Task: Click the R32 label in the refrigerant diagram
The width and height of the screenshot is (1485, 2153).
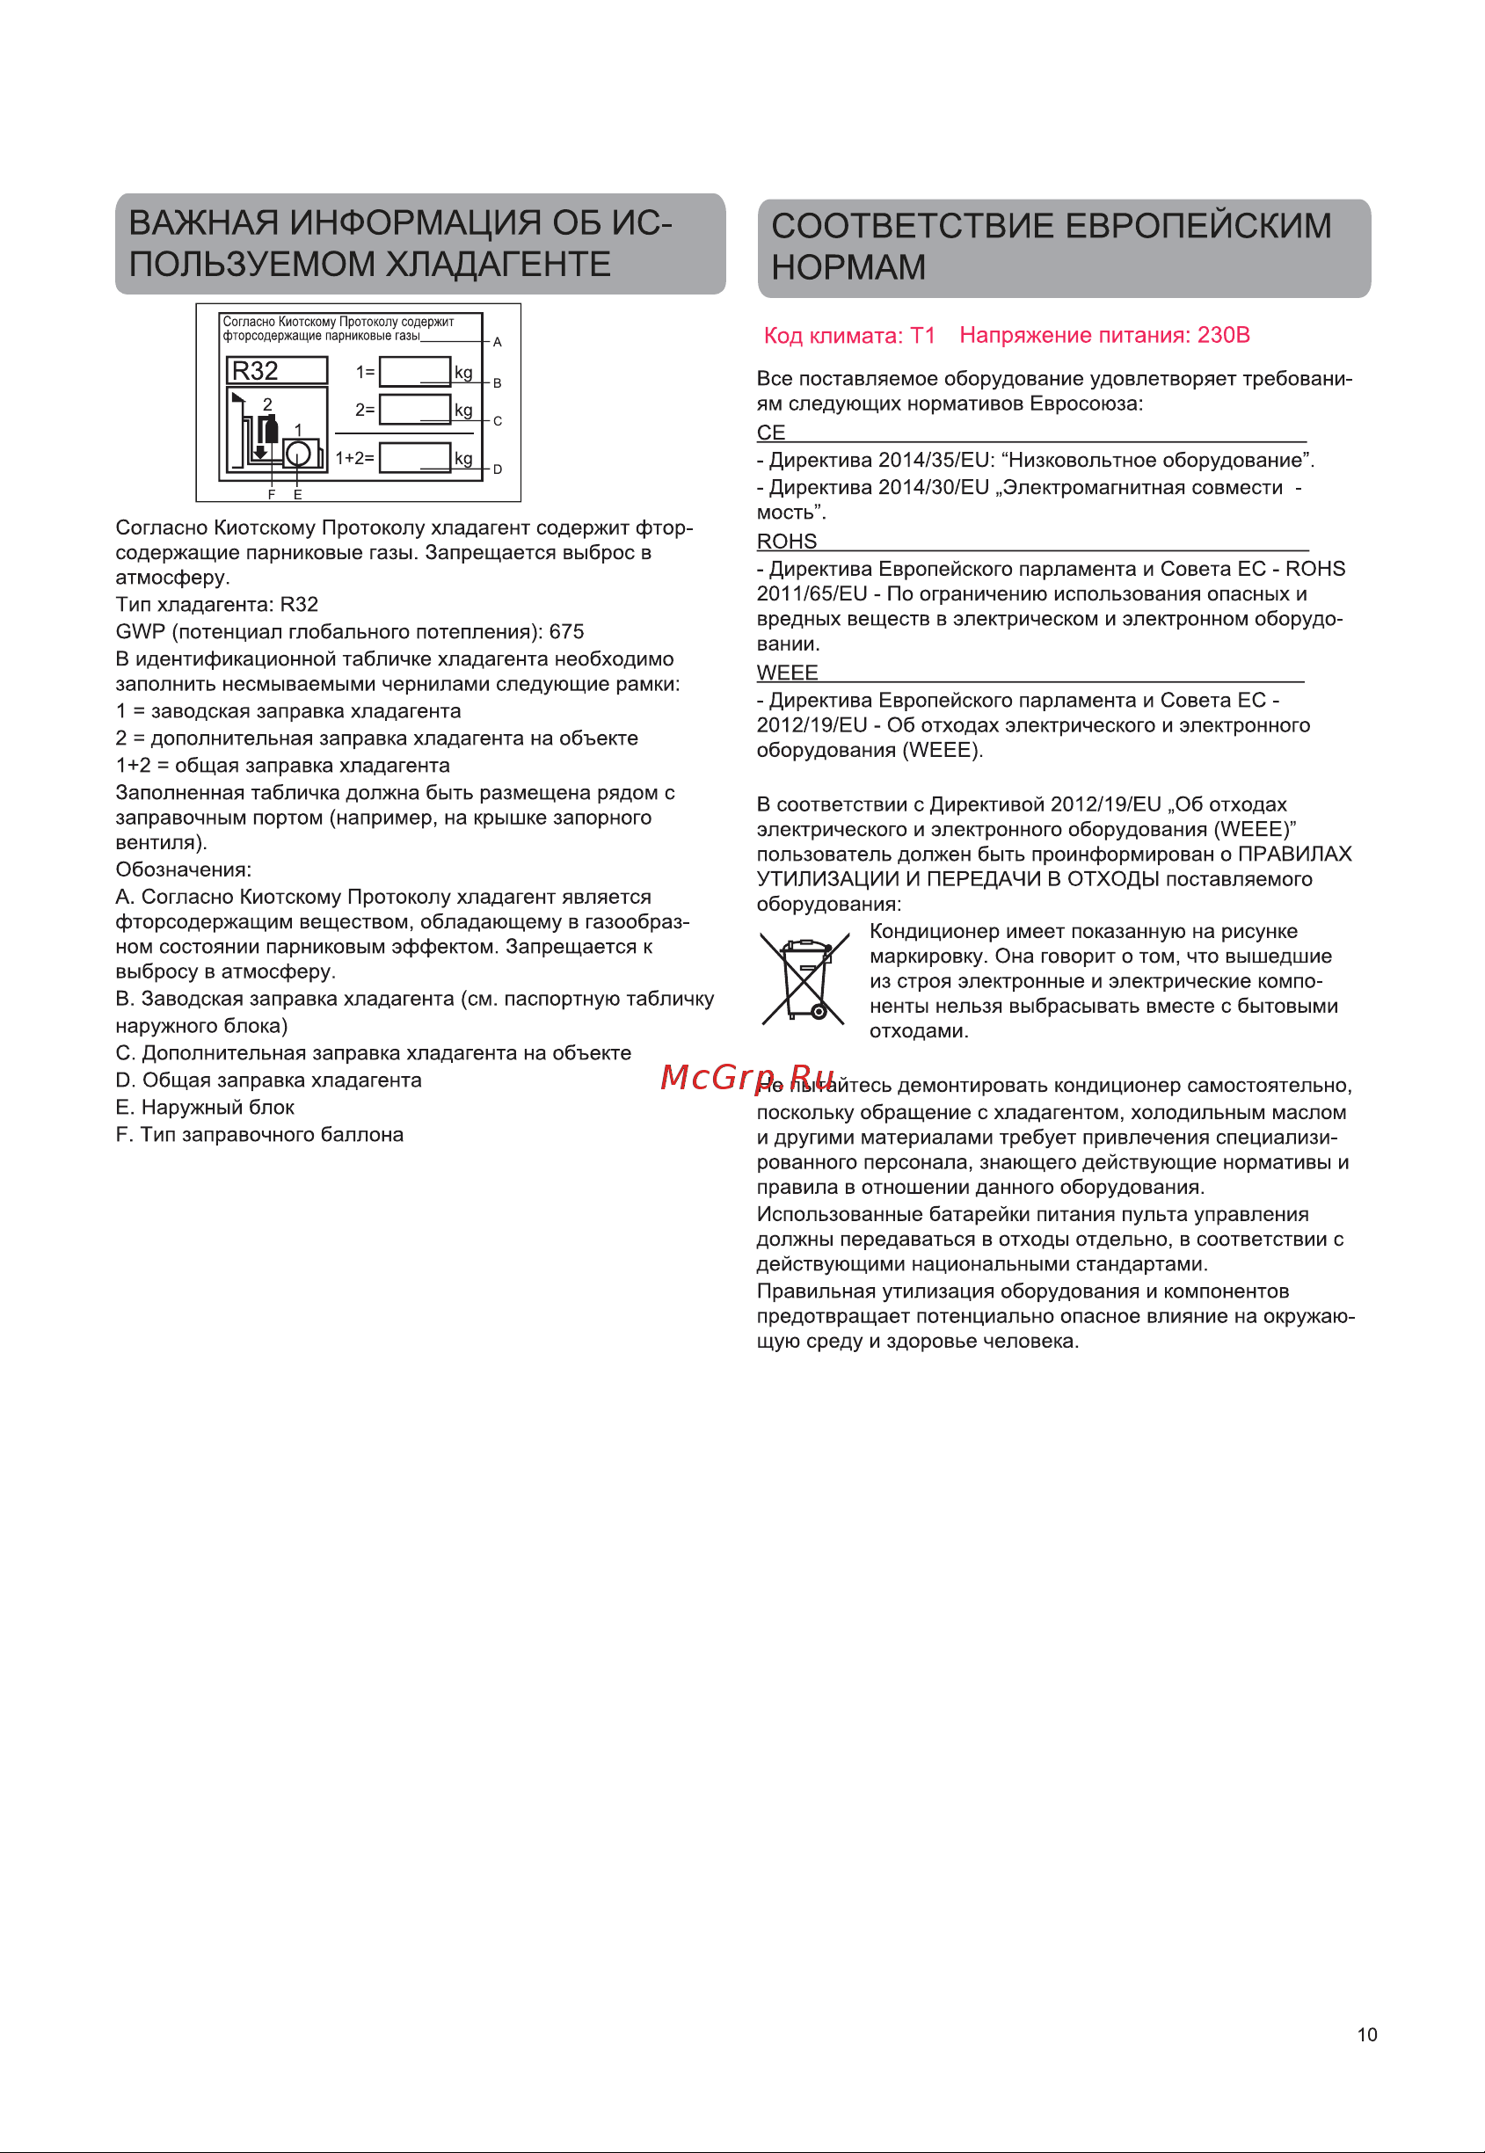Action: coord(255,370)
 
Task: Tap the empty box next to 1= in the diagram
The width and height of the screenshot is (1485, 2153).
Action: coord(414,371)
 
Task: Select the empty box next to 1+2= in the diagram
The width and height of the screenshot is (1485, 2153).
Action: coord(414,458)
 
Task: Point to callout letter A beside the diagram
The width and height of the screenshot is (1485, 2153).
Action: coord(498,342)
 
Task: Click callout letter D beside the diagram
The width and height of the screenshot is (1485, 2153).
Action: coord(498,469)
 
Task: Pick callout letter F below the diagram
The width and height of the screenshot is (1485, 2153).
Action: coord(272,494)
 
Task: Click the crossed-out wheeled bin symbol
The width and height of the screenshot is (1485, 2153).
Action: coord(804,979)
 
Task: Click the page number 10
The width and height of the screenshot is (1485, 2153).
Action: coord(1366,2034)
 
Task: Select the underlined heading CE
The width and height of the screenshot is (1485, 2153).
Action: coord(770,433)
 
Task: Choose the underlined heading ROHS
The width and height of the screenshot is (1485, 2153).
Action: coord(786,542)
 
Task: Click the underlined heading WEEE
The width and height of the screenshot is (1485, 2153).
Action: coord(787,673)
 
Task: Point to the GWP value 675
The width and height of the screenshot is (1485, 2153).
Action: coord(565,632)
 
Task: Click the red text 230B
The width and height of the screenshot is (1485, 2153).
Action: coord(1223,335)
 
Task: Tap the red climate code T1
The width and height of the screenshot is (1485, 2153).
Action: coord(922,335)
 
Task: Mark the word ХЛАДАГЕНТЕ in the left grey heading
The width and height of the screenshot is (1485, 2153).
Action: coord(498,265)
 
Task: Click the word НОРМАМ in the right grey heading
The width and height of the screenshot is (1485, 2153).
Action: coord(848,268)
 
